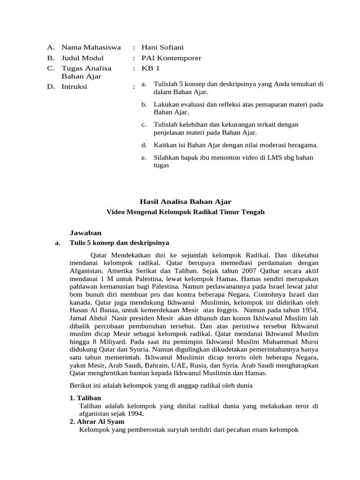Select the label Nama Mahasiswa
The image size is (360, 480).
(x=91, y=47)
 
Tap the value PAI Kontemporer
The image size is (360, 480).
(x=172, y=58)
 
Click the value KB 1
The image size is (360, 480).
(x=150, y=68)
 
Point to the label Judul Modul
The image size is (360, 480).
(x=83, y=58)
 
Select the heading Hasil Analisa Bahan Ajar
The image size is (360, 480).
(x=185, y=201)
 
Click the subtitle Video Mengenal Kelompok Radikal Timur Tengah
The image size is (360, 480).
(x=186, y=212)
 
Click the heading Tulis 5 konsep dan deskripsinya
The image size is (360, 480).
(x=119, y=243)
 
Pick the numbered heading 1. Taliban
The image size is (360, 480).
(x=85, y=398)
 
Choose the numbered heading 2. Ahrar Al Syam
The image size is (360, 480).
(x=97, y=421)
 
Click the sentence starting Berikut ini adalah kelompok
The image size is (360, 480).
(x=161, y=386)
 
